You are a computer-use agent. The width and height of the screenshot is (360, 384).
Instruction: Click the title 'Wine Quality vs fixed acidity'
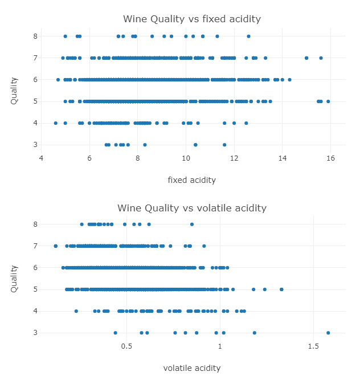(192, 19)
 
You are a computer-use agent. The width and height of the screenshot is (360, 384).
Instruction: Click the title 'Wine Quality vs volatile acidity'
(192, 207)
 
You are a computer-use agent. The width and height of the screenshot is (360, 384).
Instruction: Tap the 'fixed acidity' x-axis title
(192, 180)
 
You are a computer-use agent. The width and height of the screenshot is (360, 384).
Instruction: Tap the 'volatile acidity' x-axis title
(192, 368)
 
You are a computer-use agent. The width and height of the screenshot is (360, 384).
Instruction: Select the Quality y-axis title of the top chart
(14, 90)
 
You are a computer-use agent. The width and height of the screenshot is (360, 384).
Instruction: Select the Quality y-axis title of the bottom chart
(14, 279)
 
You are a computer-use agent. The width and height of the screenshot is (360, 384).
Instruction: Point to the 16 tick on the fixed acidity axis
(331, 157)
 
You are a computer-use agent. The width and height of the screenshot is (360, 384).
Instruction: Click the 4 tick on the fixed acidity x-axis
(41, 157)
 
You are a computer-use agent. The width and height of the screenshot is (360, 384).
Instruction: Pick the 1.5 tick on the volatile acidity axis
(313, 346)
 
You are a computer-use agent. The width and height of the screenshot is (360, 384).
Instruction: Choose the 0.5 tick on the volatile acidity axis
(127, 346)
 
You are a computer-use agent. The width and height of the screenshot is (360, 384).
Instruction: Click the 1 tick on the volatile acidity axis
(220, 346)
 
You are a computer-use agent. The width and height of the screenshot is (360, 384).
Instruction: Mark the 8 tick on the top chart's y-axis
(35, 36)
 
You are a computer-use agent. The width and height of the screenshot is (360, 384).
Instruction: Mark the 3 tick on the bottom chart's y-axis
(35, 333)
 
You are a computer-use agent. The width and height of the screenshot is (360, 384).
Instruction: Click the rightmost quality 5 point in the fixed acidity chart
(328, 101)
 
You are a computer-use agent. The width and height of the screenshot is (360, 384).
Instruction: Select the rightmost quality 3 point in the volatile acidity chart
(328, 333)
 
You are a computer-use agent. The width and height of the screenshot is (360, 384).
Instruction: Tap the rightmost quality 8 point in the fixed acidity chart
(248, 36)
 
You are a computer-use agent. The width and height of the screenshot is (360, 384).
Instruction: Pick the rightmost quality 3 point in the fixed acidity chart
(224, 145)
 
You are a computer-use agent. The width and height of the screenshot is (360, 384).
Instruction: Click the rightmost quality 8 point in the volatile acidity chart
(192, 224)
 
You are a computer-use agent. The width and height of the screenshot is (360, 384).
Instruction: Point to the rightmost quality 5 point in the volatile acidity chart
(281, 289)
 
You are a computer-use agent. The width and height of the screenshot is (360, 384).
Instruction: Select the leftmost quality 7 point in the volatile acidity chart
(55, 246)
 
